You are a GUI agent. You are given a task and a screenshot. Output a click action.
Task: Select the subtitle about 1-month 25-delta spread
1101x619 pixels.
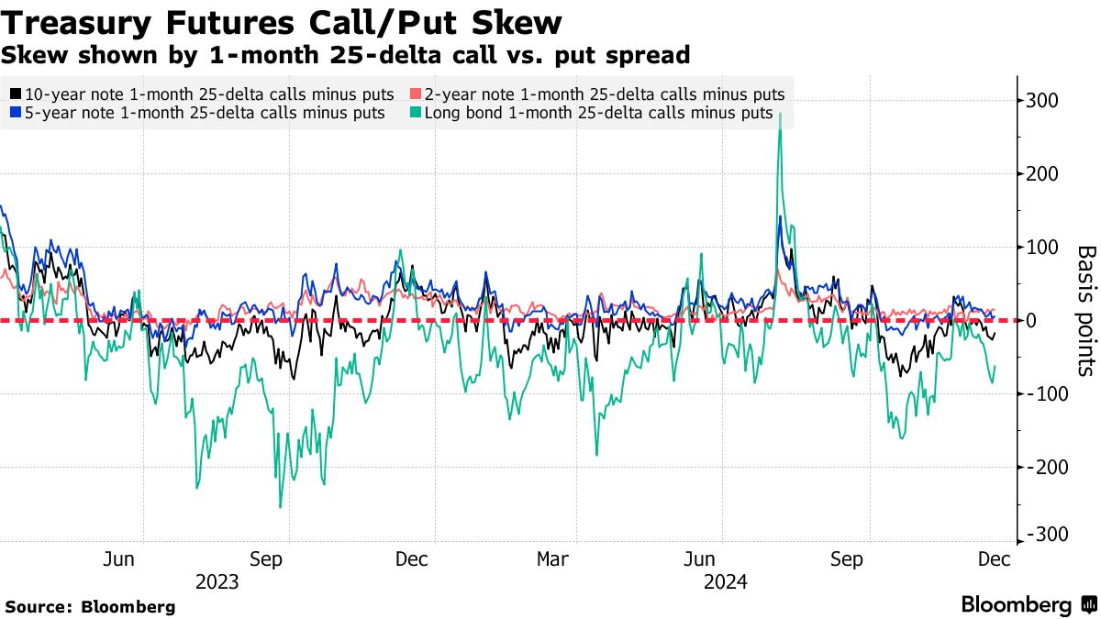[346, 55]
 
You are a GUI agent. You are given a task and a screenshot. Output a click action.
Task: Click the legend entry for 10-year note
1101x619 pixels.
[202, 94]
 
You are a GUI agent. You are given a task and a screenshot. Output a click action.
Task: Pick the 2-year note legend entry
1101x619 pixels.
[596, 94]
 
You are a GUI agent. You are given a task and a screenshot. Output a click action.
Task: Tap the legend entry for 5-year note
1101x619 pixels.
[197, 113]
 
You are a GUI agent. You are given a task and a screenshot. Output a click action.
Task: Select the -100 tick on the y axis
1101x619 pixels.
[1043, 394]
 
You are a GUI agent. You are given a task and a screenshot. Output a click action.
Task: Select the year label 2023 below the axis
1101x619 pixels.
[217, 582]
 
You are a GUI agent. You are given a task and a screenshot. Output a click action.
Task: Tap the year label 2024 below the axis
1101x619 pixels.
[724, 582]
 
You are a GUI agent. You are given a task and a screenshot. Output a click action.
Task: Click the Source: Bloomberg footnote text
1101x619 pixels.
[90, 607]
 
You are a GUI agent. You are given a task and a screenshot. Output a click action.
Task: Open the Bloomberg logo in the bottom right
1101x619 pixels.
[1028, 605]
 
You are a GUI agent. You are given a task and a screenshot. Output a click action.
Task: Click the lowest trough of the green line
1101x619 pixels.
[280, 507]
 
